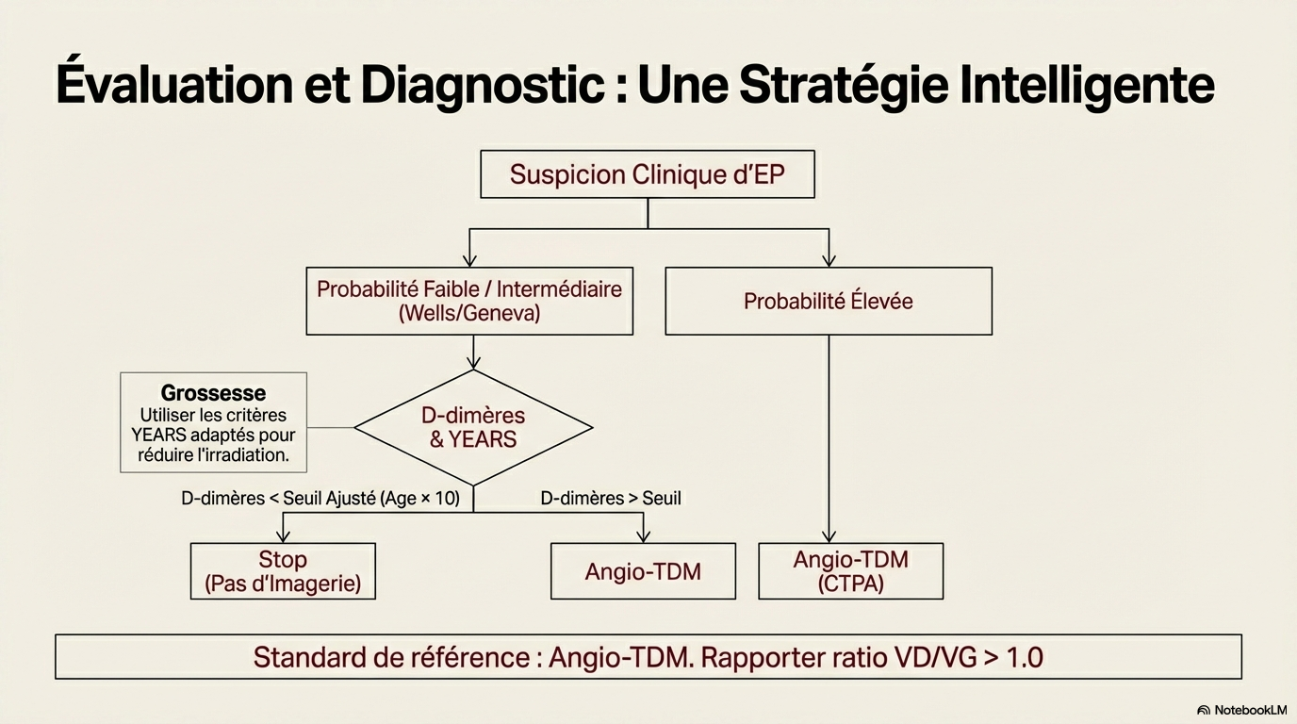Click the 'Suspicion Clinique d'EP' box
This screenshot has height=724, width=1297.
tap(647, 174)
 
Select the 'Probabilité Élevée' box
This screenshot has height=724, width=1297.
tap(828, 301)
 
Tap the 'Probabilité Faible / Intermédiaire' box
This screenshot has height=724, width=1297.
tap(469, 301)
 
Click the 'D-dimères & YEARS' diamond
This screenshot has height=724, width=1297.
tap(473, 427)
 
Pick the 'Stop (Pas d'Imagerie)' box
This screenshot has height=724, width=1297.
tap(283, 570)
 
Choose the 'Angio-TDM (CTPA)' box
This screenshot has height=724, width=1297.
tap(850, 570)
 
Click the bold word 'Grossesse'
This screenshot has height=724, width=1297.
tap(213, 393)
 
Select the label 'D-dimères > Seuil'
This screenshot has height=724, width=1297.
tap(611, 498)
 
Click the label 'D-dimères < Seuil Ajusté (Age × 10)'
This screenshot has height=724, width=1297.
tap(320, 498)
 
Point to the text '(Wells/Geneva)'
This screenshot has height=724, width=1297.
tap(469, 314)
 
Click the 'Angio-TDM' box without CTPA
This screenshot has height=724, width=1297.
tap(643, 570)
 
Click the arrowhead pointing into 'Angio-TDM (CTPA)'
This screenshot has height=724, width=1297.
tap(829, 537)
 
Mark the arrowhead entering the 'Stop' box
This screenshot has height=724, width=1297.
tap(283, 537)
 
